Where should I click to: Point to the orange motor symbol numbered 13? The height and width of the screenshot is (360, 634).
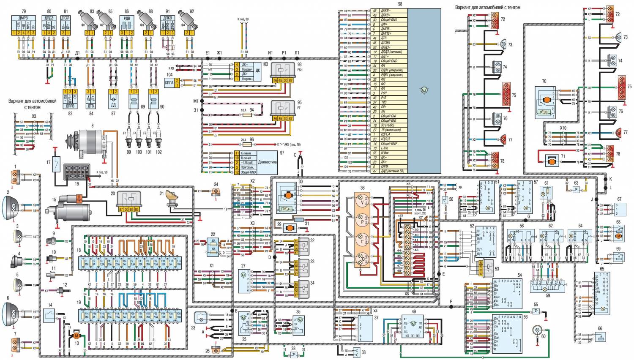click(77, 335)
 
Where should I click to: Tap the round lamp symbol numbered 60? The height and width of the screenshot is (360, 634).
click(538, 330)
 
